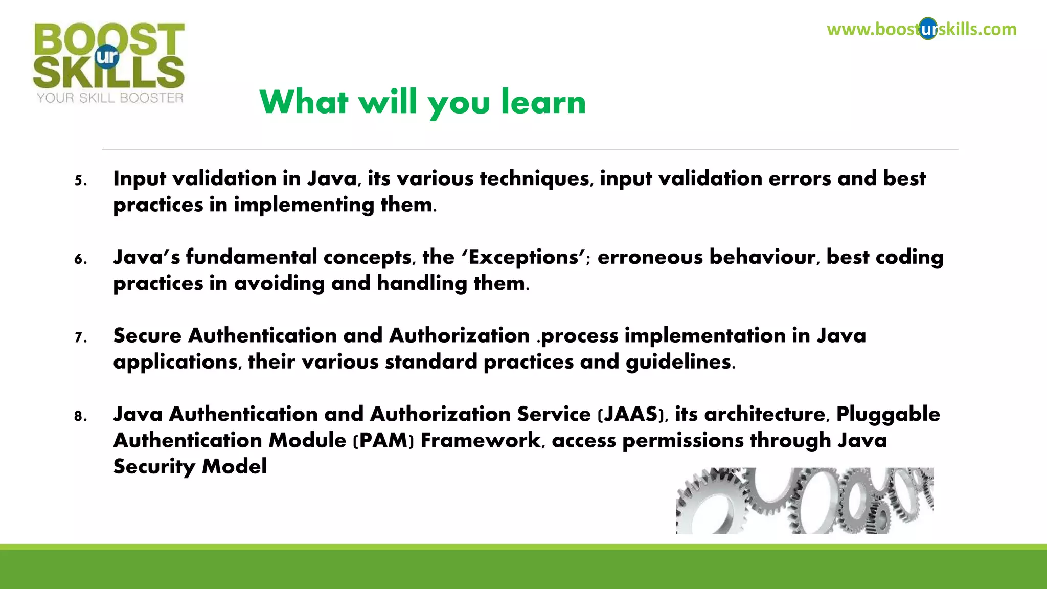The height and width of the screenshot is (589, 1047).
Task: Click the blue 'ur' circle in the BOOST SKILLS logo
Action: click(x=107, y=57)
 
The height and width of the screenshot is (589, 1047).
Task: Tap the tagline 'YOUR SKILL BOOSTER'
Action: click(x=110, y=98)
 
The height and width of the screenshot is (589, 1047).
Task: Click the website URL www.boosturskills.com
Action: click(x=921, y=29)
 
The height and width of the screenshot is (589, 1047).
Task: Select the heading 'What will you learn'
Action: click(x=422, y=102)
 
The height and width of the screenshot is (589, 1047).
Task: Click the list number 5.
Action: click(x=80, y=180)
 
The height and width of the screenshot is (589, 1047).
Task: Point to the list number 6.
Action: click(x=80, y=259)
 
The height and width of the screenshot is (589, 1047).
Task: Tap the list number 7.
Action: click(x=80, y=337)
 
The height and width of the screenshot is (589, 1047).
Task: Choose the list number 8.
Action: click(x=80, y=416)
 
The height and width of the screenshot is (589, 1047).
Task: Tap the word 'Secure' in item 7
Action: click(x=147, y=336)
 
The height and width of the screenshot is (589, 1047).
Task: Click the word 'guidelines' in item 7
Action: click(x=680, y=362)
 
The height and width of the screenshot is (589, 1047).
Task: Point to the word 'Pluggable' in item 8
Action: click(x=888, y=415)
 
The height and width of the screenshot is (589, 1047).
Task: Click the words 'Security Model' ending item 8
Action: click(x=190, y=467)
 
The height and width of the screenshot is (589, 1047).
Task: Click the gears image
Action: click(x=805, y=501)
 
